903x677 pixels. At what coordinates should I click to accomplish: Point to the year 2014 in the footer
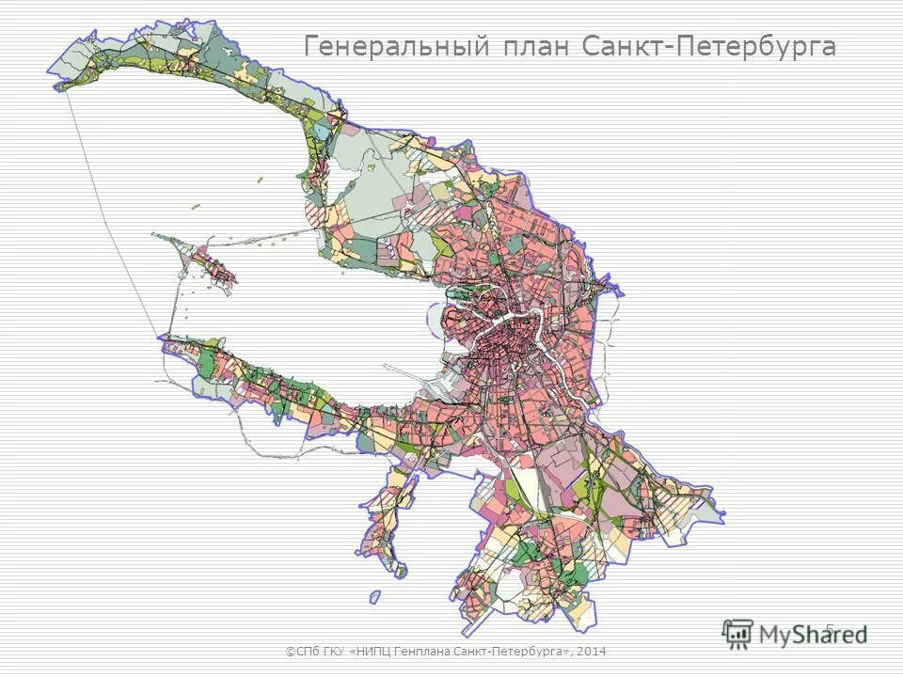tap(592, 651)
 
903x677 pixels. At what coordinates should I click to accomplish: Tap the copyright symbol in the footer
tap(289, 651)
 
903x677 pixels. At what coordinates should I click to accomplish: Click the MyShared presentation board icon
tap(737, 633)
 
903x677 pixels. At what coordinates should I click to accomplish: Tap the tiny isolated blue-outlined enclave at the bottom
tap(375, 597)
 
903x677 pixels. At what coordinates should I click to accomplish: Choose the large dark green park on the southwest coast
tap(208, 362)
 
